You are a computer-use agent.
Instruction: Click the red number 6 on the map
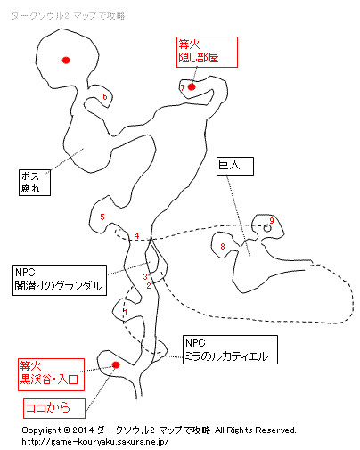(x=105, y=96)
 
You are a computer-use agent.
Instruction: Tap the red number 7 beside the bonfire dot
(x=183, y=87)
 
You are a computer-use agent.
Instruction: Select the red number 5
(x=102, y=217)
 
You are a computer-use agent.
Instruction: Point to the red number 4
(x=136, y=236)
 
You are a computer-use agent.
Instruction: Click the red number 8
(x=223, y=246)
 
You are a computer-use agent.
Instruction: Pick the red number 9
(x=272, y=220)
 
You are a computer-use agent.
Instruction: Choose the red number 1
(x=126, y=312)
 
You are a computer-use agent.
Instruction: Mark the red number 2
(x=149, y=286)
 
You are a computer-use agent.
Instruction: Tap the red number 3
(x=145, y=276)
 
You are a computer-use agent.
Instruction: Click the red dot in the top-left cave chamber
(x=66, y=61)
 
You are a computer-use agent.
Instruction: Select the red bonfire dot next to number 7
(x=192, y=87)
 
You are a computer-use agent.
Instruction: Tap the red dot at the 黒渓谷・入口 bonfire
(x=116, y=364)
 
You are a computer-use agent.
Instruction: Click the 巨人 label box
(x=235, y=166)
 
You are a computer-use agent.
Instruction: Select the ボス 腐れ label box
(x=35, y=183)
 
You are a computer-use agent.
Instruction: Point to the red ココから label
(x=54, y=408)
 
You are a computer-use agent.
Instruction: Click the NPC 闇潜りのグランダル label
(x=60, y=280)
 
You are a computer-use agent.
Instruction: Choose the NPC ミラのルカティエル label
(x=230, y=350)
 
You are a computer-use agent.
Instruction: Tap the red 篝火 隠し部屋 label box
(x=207, y=52)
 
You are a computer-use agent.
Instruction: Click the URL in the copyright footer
(x=95, y=442)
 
